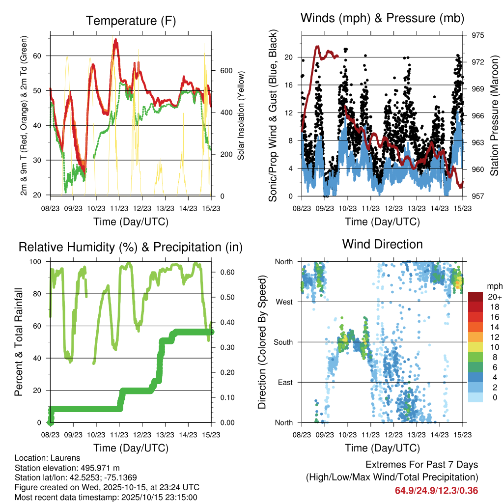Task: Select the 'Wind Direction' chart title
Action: (x=382, y=244)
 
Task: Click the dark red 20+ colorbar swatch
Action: (x=476, y=297)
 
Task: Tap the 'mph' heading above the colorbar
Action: (x=494, y=286)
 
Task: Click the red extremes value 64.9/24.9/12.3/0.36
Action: (x=436, y=490)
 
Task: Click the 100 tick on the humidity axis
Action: (x=38, y=261)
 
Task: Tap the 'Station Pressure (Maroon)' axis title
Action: (x=495, y=116)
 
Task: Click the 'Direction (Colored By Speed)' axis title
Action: (x=262, y=342)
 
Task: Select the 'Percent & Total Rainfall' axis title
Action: (x=19, y=342)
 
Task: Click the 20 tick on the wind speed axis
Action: (x=289, y=57)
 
